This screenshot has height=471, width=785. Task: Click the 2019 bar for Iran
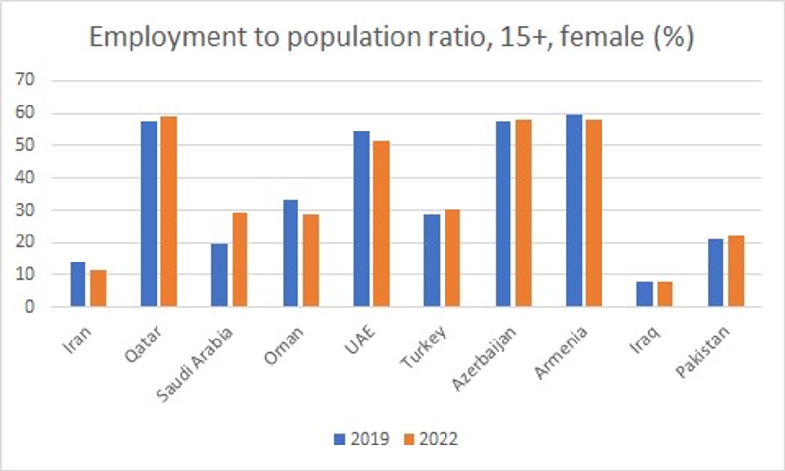[78, 285]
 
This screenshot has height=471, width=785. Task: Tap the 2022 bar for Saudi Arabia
[239, 260]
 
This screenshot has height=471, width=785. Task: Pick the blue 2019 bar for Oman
[290, 253]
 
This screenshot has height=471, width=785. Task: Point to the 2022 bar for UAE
[381, 224]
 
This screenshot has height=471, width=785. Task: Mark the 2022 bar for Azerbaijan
[523, 213]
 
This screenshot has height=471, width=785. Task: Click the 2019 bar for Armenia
[574, 211]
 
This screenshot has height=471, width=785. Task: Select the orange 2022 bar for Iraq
[664, 294]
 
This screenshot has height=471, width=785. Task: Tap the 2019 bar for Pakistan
[716, 273]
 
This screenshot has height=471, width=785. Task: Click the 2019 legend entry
[362, 439]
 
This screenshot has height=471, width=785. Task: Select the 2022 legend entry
[431, 439]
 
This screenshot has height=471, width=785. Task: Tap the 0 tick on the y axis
[29, 307]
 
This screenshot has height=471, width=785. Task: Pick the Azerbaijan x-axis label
[485, 359]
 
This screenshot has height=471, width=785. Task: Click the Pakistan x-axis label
[703, 351]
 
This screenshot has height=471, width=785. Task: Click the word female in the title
[602, 36]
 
